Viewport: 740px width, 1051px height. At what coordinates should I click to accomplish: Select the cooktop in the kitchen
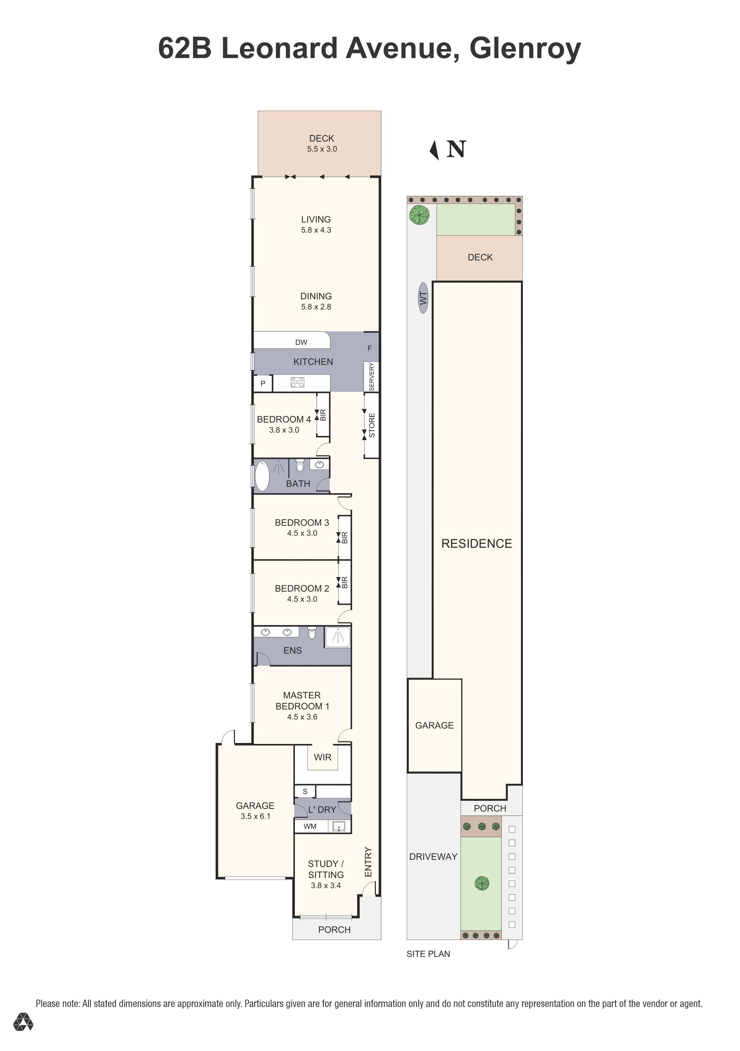(x=297, y=382)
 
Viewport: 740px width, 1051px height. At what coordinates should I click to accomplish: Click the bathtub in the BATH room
(x=262, y=476)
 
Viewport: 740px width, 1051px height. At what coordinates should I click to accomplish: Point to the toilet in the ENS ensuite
(x=312, y=633)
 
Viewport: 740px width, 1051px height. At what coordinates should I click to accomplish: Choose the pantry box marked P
(x=263, y=384)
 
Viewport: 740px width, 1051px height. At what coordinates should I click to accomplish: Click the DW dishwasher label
(x=301, y=342)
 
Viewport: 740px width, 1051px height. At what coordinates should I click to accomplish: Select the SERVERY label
(x=371, y=377)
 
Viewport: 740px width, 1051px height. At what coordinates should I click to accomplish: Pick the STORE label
(x=372, y=425)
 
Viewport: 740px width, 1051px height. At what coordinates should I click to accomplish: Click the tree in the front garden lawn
(x=481, y=883)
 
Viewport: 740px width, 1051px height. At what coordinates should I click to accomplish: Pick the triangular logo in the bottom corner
(x=23, y=1022)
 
